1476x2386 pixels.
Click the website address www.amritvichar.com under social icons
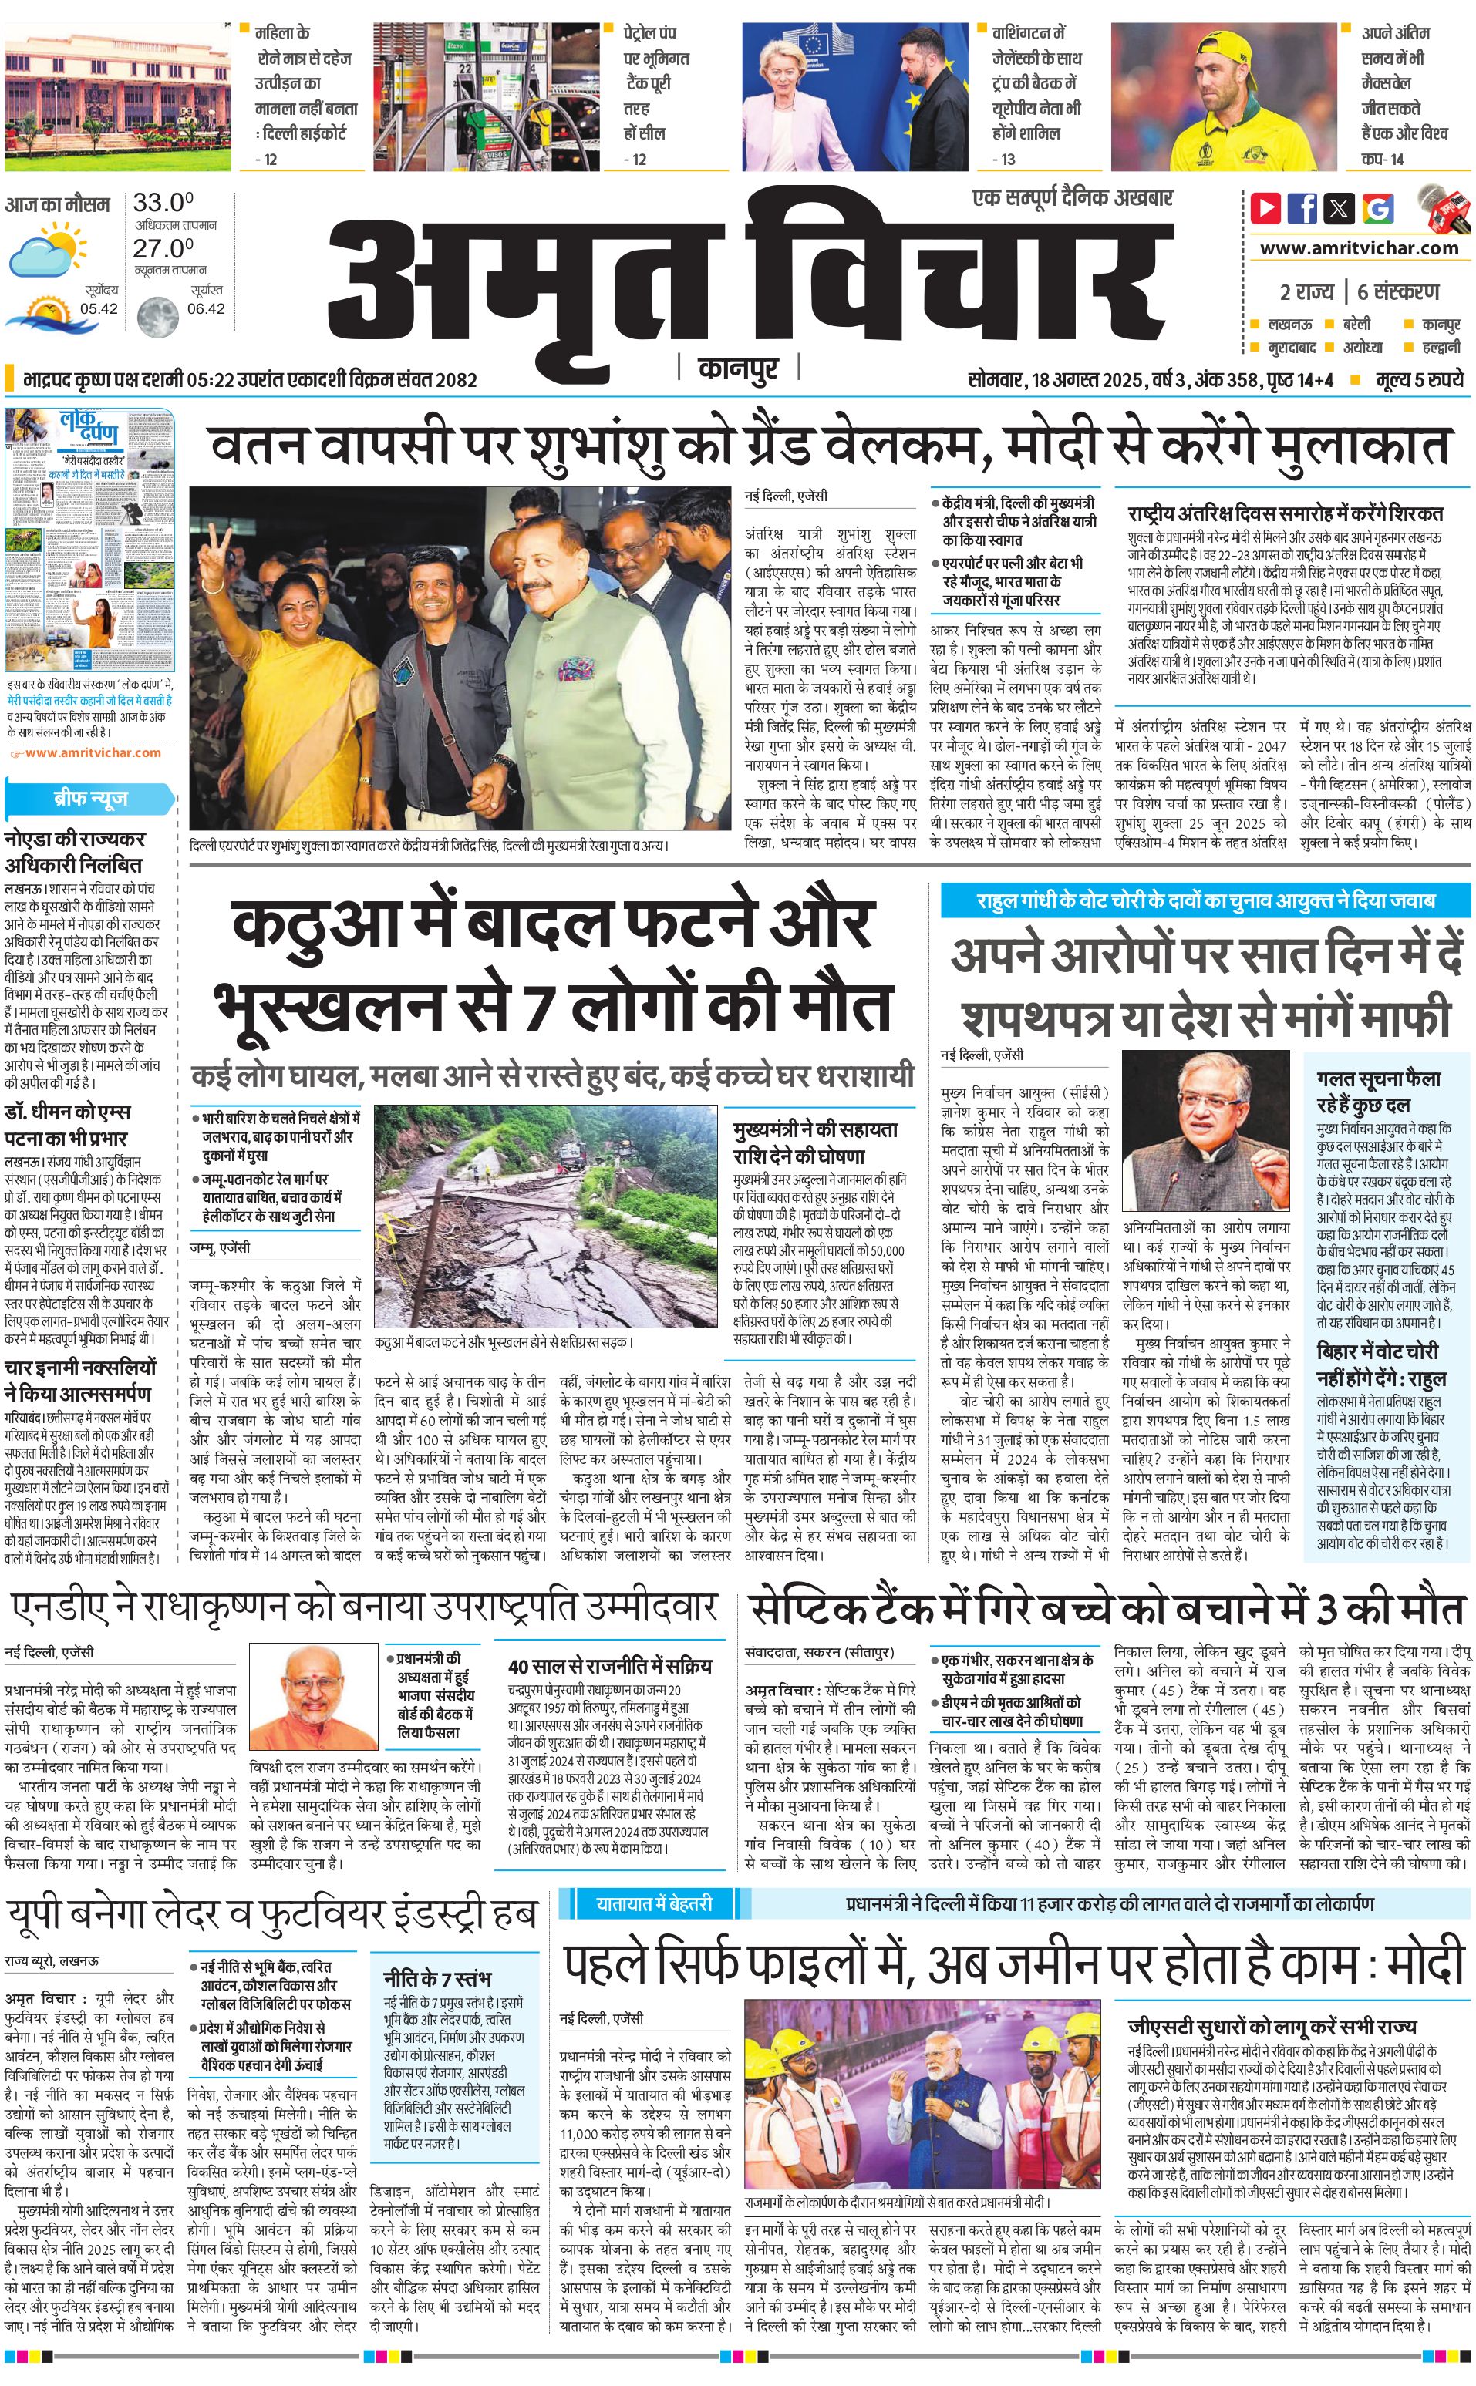[1359, 248]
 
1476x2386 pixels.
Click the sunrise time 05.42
[99, 308]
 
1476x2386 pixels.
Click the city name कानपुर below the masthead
[738, 369]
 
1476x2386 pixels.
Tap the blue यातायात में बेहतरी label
[654, 1903]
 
